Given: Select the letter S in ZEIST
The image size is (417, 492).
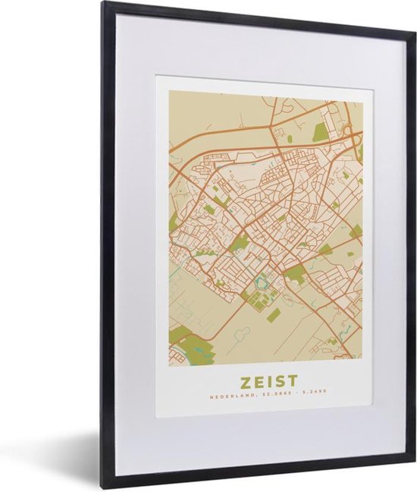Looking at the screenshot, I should (x=277, y=380).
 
